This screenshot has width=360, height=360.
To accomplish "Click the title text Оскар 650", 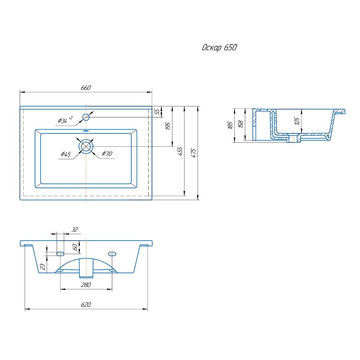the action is pyautogui.click(x=219, y=48).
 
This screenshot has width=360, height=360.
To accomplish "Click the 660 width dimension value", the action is pyautogui.click(x=85, y=88).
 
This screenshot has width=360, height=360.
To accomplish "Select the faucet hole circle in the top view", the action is pyautogui.click(x=86, y=117).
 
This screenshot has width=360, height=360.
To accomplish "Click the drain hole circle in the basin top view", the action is pyautogui.click(x=86, y=146).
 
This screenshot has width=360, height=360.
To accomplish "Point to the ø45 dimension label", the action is pyautogui.click(x=66, y=154).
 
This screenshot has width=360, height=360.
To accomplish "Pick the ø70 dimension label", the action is pyautogui.click(x=107, y=153).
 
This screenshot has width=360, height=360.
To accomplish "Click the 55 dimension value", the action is pyautogui.click(x=158, y=112).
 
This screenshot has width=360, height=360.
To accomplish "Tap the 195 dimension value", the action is pyautogui.click(x=168, y=126).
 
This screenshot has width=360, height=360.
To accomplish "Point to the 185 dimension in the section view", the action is pyautogui.click(x=230, y=125).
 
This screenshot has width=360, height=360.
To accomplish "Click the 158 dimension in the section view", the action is pyautogui.click(x=241, y=124).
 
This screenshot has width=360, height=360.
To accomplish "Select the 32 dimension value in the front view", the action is pyautogui.click(x=74, y=229).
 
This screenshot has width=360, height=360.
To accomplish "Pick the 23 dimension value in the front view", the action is pyautogui.click(x=43, y=267).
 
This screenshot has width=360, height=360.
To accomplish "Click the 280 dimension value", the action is pyautogui.click(x=86, y=285).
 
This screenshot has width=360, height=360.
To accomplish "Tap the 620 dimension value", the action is pyautogui.click(x=86, y=304).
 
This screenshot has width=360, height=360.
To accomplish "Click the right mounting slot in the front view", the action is pyautogui.click(x=112, y=253).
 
